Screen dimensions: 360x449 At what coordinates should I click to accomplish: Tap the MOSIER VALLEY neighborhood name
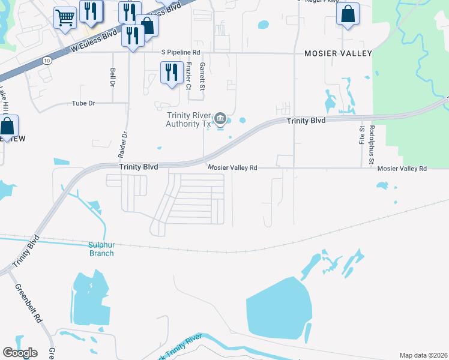[338, 53]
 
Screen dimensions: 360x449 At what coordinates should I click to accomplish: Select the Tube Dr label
[83, 103]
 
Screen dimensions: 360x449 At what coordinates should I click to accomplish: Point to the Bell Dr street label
[113, 77]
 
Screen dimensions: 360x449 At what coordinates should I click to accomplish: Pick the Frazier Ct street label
[188, 76]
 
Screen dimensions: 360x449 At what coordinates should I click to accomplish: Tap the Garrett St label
[203, 76]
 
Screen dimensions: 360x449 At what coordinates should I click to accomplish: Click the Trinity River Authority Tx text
[190, 120]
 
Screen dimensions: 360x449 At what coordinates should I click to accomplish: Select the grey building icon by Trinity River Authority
[220, 118]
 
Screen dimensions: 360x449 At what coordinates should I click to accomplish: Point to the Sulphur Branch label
[101, 249]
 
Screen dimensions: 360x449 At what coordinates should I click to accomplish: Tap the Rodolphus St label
[372, 145]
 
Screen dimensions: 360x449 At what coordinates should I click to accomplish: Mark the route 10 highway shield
[47, 60]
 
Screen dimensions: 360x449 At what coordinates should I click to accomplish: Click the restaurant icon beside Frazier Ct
[172, 73]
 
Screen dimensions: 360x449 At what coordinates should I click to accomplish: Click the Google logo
[20, 353]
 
